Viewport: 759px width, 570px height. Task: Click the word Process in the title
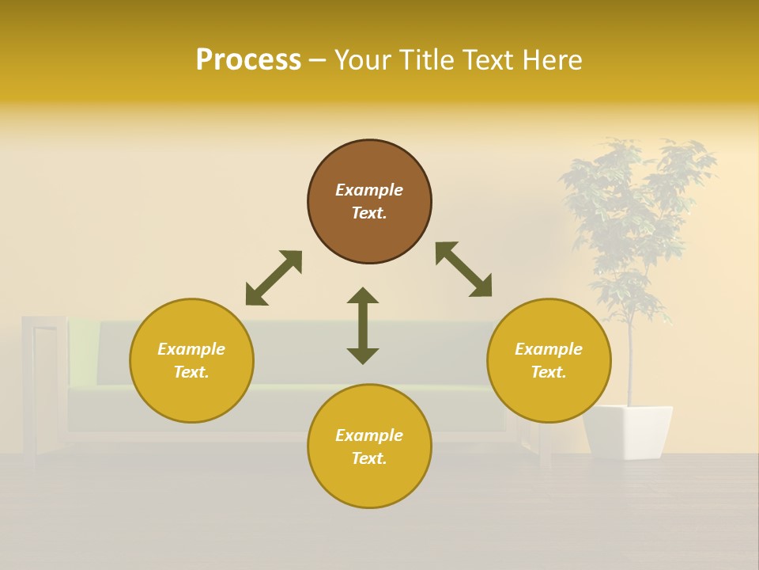[248, 60]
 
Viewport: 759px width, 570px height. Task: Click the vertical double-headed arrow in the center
[363, 325]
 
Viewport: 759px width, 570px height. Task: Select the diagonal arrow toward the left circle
[274, 278]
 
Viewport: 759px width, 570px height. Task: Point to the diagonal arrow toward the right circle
[464, 269]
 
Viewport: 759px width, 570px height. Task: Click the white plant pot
[628, 431]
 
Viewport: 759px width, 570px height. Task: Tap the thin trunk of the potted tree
[631, 364]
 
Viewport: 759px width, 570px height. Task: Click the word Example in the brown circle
[369, 190]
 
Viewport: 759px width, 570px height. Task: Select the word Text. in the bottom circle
[369, 458]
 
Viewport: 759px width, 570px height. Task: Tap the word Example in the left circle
[191, 349]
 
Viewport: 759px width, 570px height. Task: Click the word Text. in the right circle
[549, 372]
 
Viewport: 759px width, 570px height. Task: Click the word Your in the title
[364, 60]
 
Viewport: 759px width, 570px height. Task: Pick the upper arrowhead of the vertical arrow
[363, 297]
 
